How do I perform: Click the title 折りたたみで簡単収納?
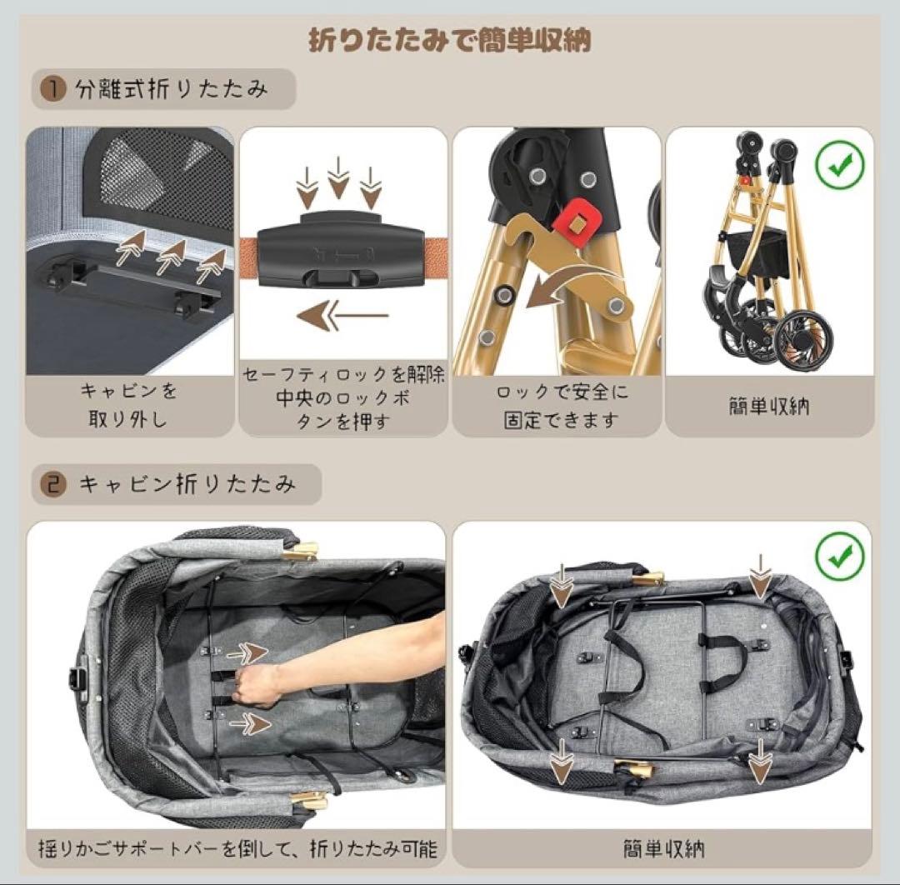[449, 40]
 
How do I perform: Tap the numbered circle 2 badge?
[54, 484]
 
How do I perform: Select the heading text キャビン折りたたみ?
[187, 484]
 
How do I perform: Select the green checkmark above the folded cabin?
[838, 557]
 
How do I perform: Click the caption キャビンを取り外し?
[129, 404]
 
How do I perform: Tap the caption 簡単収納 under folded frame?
[768, 407]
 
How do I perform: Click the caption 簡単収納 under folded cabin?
[663, 848]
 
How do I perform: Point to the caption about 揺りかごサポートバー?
[237, 849]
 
